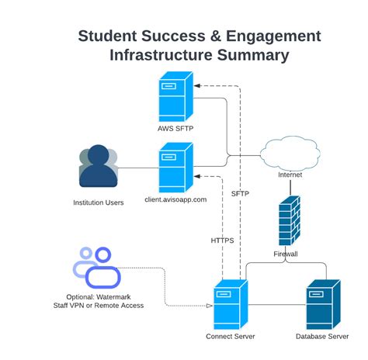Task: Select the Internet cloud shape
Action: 290,151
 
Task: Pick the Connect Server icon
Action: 231,305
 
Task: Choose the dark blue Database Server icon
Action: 321,305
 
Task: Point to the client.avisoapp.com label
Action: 175,199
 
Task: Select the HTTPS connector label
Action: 222,241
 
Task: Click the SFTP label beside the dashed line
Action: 240,192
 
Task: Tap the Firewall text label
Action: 286,254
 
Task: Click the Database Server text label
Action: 321,337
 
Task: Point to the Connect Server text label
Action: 231,337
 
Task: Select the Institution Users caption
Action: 98,203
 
